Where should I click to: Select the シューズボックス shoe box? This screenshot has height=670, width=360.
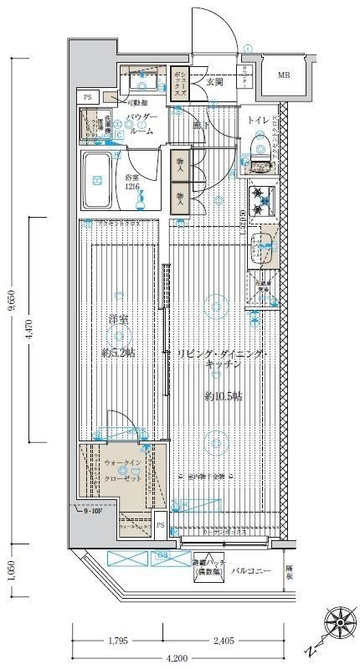pyautogui.click(x=178, y=84)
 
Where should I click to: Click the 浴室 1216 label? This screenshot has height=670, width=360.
pyautogui.click(x=131, y=183)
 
